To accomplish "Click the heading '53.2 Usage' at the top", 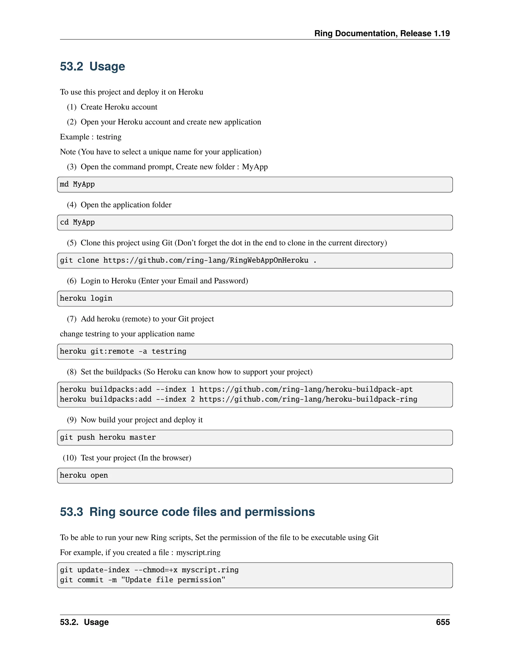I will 92,66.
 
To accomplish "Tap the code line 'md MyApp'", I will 77,184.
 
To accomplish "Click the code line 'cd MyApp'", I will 77,222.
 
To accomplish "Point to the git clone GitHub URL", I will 205,261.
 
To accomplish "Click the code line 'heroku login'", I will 86,299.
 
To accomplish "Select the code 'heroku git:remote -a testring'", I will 123,351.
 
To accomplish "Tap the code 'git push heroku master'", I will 108,438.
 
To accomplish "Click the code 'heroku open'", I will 84,476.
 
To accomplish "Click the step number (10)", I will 69,458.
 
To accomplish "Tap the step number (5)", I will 72,243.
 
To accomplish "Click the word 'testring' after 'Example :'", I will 109,137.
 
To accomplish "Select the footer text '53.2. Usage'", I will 84,622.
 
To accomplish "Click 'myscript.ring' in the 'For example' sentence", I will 198,552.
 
